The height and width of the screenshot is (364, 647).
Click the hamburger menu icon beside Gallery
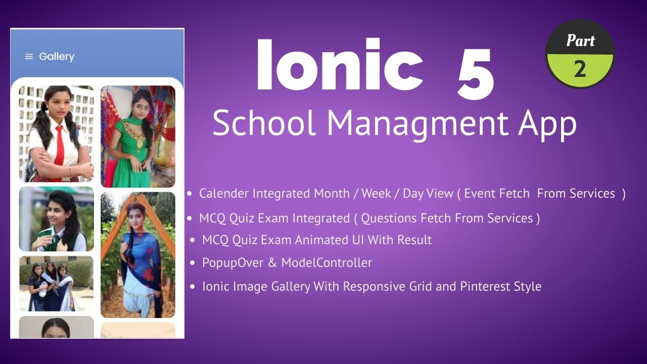[29, 57]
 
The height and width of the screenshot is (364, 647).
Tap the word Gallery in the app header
[57, 57]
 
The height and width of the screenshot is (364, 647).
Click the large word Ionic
[339, 66]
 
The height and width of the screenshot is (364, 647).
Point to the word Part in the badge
[580, 40]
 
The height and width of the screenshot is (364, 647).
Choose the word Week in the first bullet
[376, 194]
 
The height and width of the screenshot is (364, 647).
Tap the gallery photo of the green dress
[137, 136]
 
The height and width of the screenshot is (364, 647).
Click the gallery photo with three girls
[56, 283]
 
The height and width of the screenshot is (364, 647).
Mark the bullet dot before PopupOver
[193, 263]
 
